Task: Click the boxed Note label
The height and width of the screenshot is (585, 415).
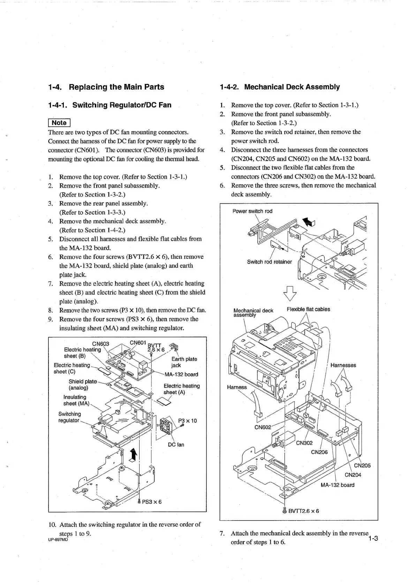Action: [59, 123]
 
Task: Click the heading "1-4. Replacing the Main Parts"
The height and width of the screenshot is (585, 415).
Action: [106, 87]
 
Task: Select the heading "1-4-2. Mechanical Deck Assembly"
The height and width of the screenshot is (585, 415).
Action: [280, 87]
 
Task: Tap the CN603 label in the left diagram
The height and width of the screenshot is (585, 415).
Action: [100, 344]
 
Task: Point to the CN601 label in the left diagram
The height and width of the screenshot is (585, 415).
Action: [137, 342]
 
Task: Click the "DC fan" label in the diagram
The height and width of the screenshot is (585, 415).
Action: [176, 445]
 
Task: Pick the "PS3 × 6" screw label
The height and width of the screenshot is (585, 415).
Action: [152, 502]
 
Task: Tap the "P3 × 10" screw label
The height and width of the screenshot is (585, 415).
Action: [187, 421]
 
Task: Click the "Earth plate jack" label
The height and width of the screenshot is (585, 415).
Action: [184, 362]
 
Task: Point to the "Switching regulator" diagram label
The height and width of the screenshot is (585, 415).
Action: [69, 417]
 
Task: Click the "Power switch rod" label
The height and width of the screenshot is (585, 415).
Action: [252, 211]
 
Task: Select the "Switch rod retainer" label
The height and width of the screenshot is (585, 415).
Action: [269, 262]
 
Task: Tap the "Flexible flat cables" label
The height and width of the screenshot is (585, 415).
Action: [308, 309]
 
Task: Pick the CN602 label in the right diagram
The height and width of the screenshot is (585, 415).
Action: [263, 427]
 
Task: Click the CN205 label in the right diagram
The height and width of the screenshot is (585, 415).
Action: [362, 466]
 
